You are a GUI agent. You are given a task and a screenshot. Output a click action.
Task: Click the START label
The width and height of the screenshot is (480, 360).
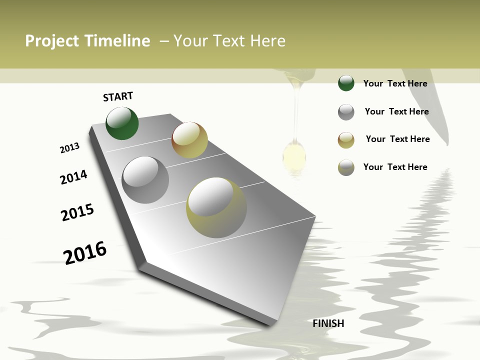click(118, 96)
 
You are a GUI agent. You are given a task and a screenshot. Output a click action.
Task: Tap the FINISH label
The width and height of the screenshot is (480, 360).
click(328, 323)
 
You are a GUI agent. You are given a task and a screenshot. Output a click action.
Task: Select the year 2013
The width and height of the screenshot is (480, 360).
click(69, 148)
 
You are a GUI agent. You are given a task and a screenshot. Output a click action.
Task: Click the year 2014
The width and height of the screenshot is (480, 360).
click(73, 177)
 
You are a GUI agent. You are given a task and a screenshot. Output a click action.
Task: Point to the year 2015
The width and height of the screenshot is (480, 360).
click(77, 212)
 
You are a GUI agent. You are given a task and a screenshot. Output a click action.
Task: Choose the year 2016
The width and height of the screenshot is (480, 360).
click(85, 252)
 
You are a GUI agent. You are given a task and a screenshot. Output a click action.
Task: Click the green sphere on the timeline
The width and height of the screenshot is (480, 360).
click(122, 123)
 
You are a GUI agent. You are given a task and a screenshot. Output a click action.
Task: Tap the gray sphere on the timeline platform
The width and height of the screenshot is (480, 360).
click(145, 180)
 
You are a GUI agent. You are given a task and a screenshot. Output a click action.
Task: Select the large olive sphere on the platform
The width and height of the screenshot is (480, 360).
click(216, 207)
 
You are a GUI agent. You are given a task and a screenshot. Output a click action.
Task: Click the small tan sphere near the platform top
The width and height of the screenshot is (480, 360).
click(189, 140)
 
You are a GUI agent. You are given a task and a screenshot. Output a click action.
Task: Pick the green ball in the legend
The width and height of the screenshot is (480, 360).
click(346, 83)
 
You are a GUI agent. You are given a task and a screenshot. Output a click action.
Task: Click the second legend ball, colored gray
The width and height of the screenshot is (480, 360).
click(346, 112)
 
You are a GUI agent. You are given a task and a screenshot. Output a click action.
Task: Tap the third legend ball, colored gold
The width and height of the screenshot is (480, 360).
click(346, 140)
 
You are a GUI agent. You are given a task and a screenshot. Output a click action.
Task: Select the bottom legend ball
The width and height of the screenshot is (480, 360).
click(346, 167)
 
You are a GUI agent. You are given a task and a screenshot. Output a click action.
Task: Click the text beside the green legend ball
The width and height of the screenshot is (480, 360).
click(395, 83)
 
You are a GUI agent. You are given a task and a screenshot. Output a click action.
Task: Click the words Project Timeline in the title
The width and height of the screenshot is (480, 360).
click(87, 41)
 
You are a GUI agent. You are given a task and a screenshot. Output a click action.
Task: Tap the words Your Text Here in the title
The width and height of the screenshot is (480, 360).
click(229, 41)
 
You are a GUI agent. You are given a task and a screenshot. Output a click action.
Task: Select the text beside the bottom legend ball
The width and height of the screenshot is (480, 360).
click(395, 167)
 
